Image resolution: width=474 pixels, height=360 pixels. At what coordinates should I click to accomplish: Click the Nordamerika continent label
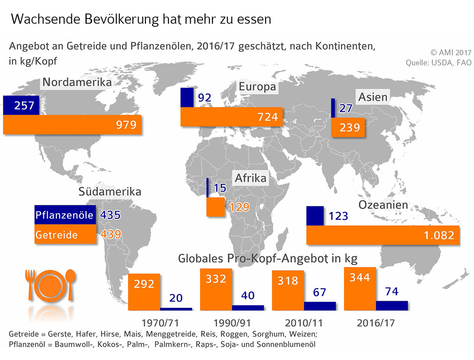tap(77, 83)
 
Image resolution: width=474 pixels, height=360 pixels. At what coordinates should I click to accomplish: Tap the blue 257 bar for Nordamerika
tap(21, 106)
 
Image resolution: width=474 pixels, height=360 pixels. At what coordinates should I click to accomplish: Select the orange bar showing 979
tap(72, 125)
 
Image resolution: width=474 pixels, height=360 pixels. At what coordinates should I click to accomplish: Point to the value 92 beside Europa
tap(204, 98)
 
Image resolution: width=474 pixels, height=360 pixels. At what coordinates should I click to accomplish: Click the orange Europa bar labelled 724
tap(231, 117)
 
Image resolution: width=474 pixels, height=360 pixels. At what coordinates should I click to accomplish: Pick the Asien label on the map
tap(373, 97)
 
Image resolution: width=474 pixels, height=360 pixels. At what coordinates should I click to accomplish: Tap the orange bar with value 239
tap(348, 127)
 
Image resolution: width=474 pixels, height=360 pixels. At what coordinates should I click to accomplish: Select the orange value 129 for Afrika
tap(239, 207)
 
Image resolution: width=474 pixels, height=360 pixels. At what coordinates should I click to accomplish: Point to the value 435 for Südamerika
tap(111, 215)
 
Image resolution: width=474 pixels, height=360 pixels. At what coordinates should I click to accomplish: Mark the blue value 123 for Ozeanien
tap(338, 216)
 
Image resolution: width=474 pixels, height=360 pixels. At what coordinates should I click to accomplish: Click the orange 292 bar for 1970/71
tap(144, 291)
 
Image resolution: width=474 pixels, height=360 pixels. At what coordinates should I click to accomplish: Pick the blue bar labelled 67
tap(320, 305)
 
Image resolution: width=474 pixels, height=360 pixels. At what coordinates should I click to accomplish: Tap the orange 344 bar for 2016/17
tap(360, 289)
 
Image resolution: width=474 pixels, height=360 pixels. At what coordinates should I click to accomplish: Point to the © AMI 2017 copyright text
tap(448, 52)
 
